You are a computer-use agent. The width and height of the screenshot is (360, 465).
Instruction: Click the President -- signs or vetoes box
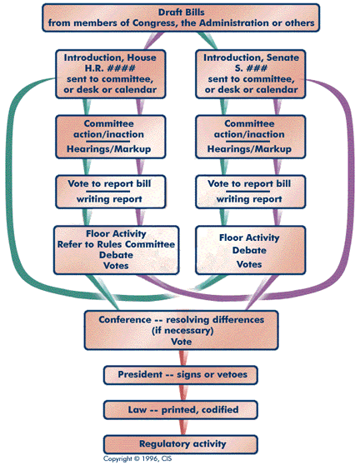(x=180, y=375)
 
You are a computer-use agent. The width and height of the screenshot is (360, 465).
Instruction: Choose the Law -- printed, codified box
(x=180, y=409)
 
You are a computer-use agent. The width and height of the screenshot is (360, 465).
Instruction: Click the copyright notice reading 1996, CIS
(x=138, y=459)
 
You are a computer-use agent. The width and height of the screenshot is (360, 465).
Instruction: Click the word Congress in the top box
(x=160, y=23)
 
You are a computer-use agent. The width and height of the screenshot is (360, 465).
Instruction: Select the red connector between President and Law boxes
(x=180, y=392)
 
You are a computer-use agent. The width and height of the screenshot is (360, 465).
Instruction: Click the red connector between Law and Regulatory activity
(x=180, y=426)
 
